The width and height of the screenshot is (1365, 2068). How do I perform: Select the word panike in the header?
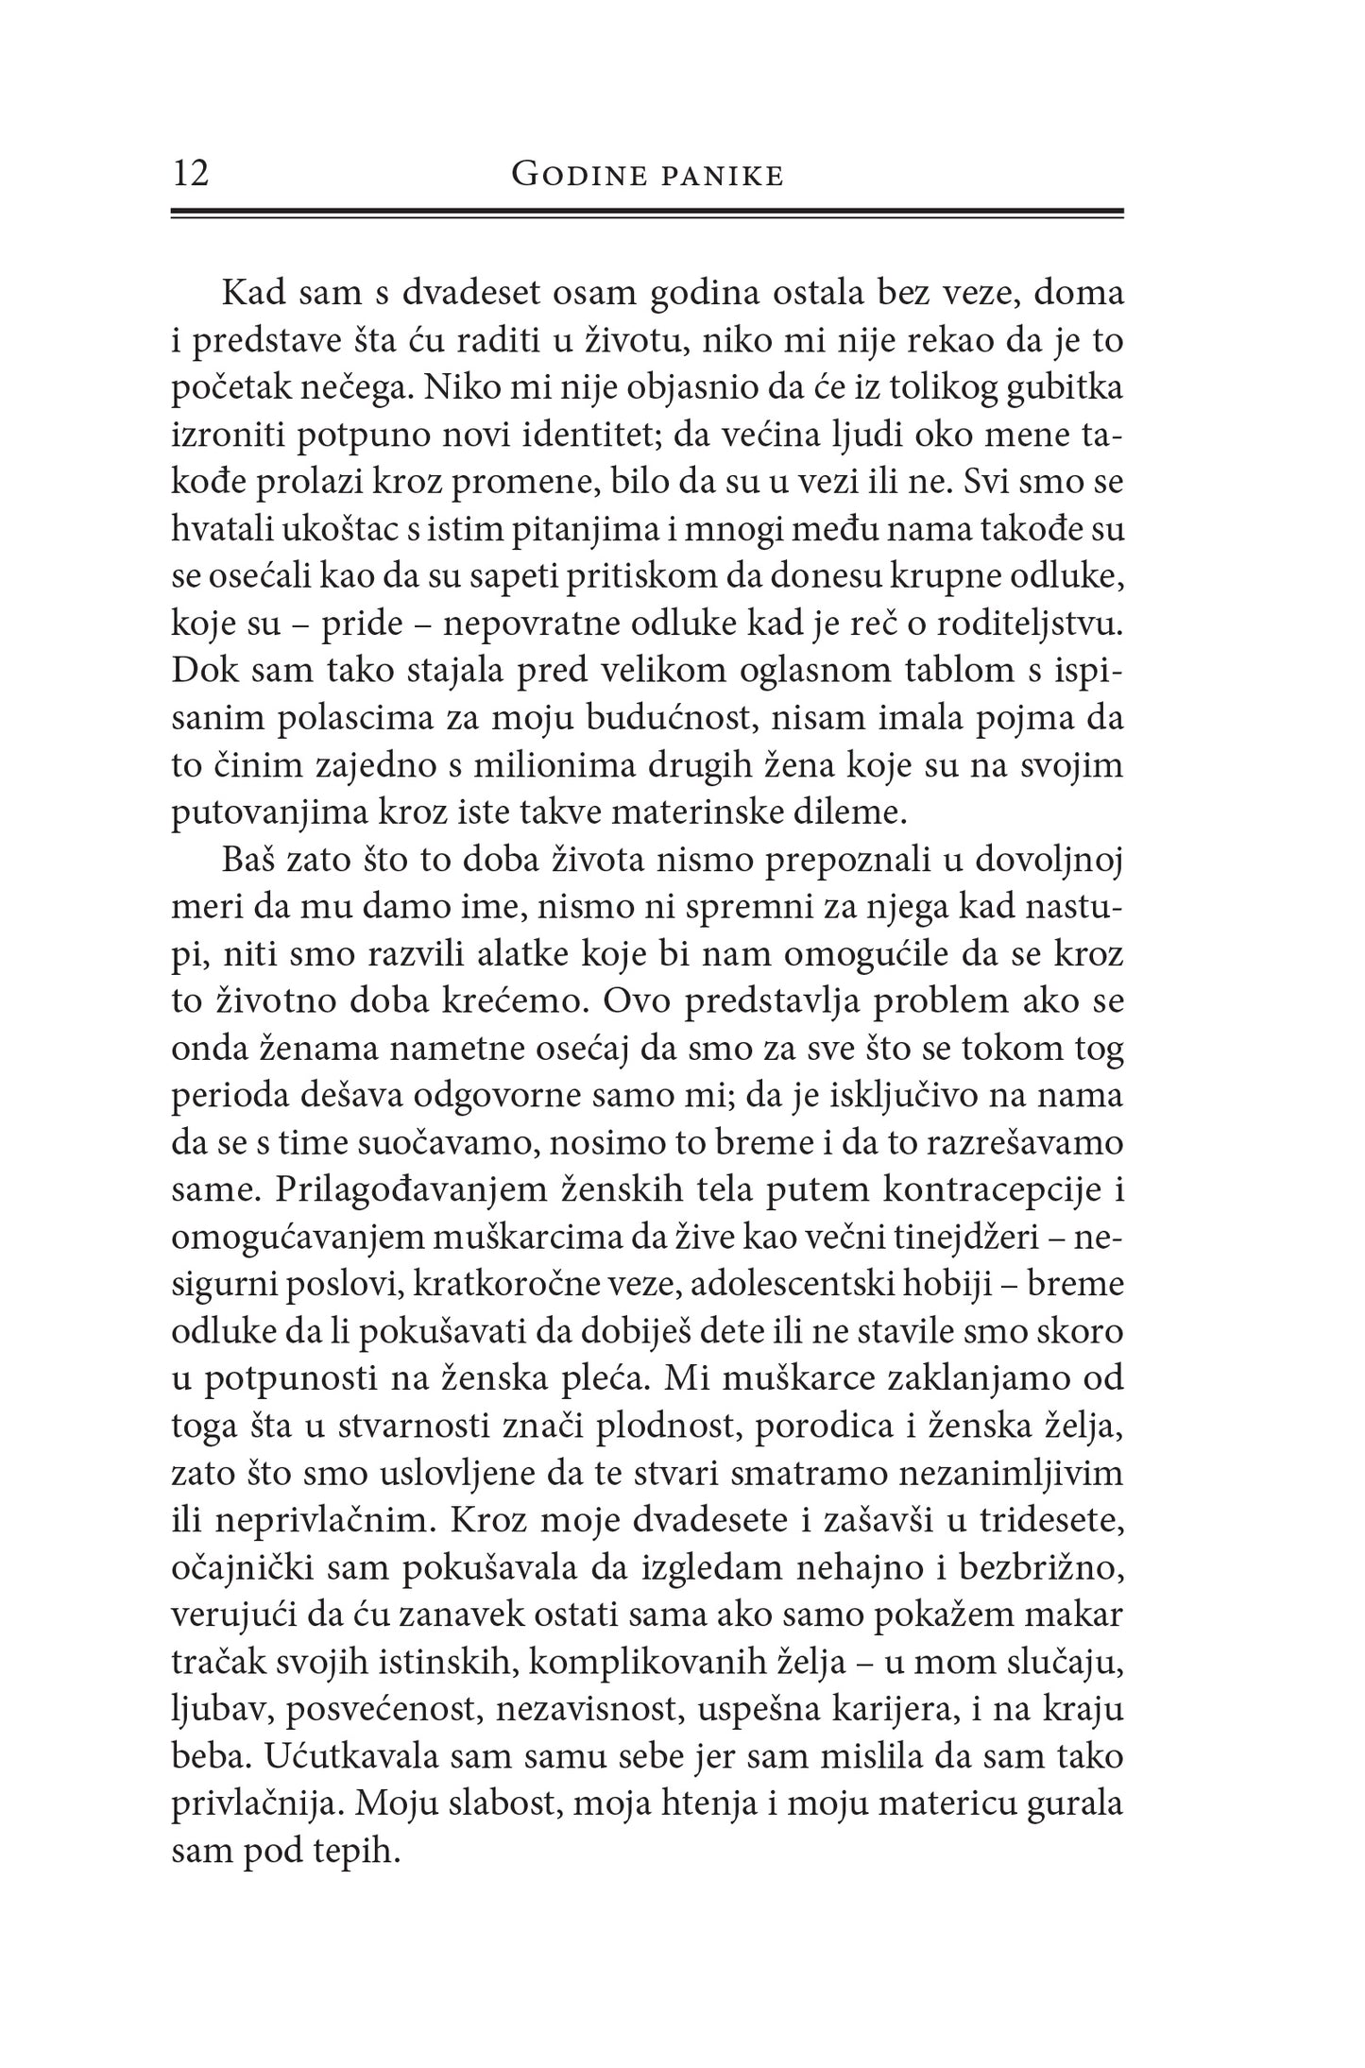(x=727, y=176)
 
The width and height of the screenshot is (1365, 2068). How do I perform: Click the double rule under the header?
(x=647, y=214)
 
